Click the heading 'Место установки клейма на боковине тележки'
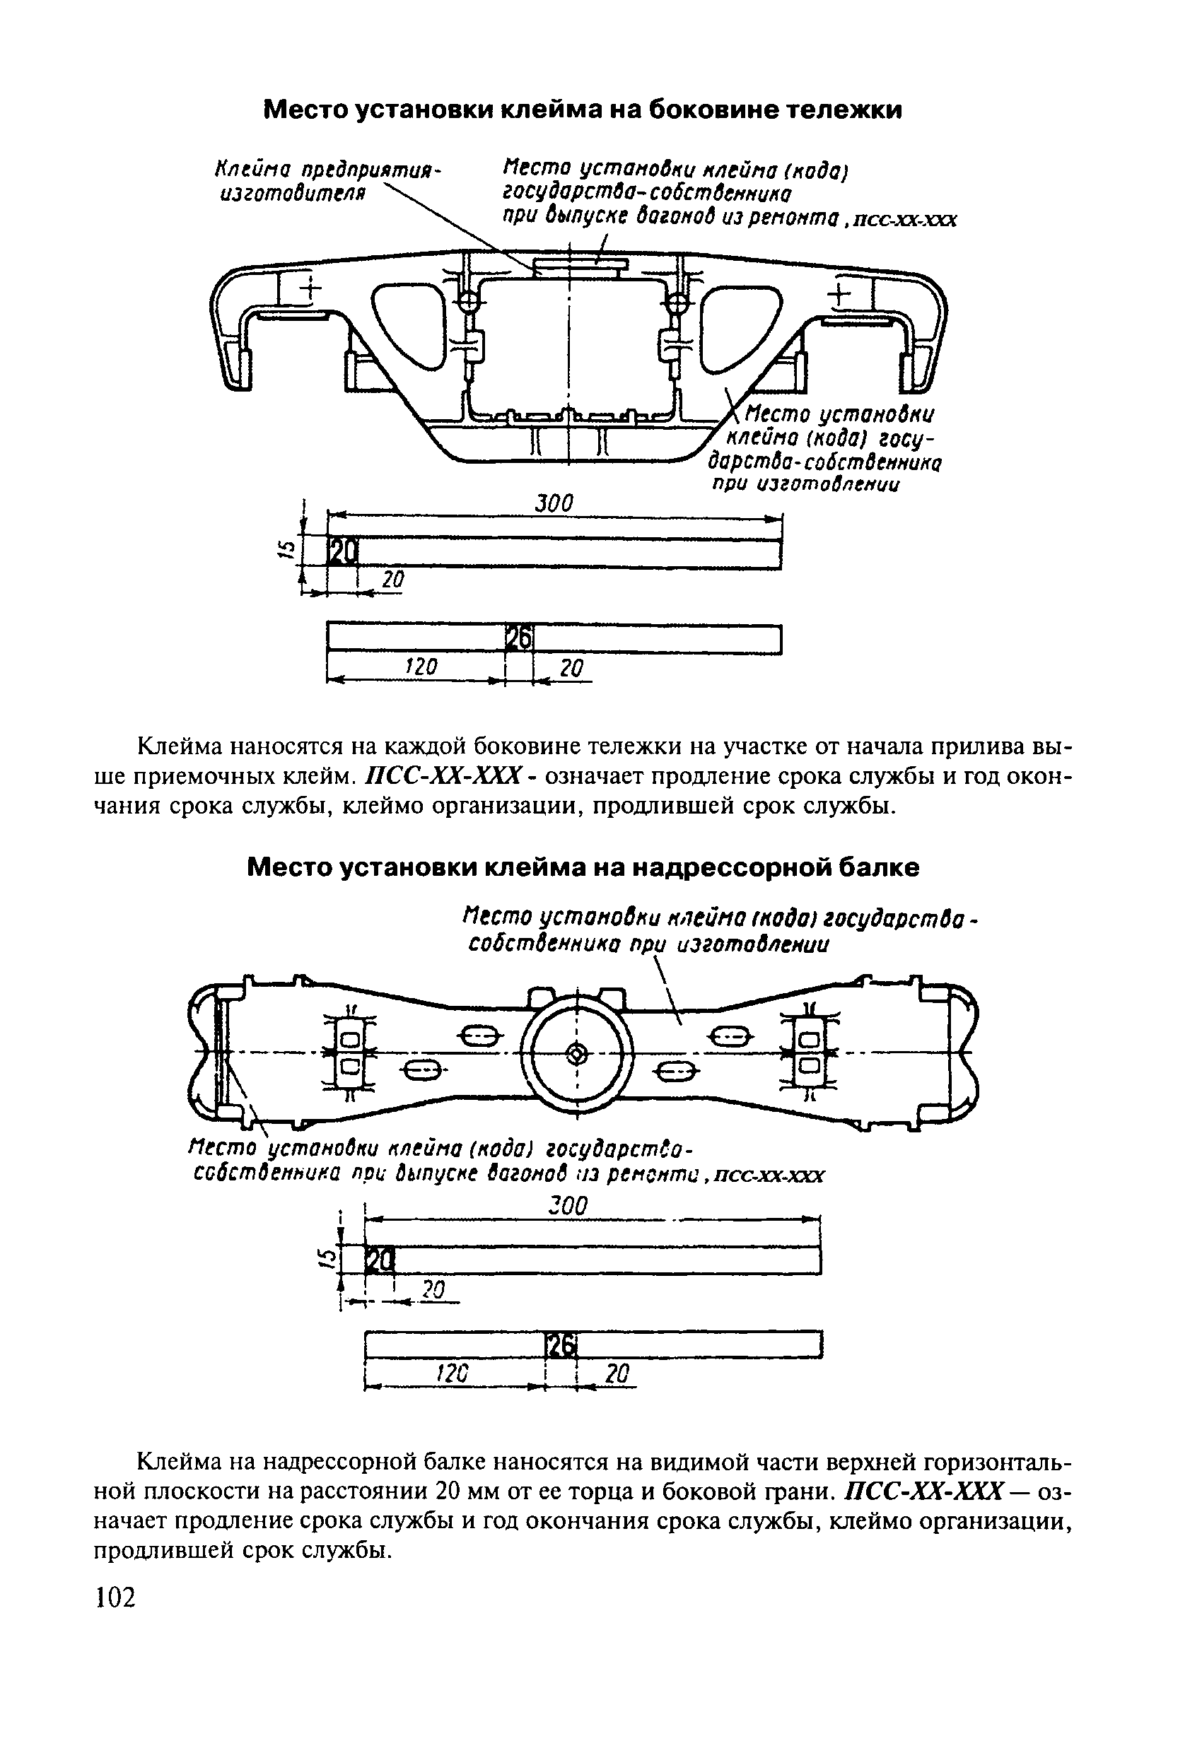click(582, 111)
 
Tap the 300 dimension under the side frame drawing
click(554, 503)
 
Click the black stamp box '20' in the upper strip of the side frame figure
click(342, 554)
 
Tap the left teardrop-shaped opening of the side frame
click(407, 324)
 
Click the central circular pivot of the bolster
click(576, 1054)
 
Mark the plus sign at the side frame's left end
click(310, 291)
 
